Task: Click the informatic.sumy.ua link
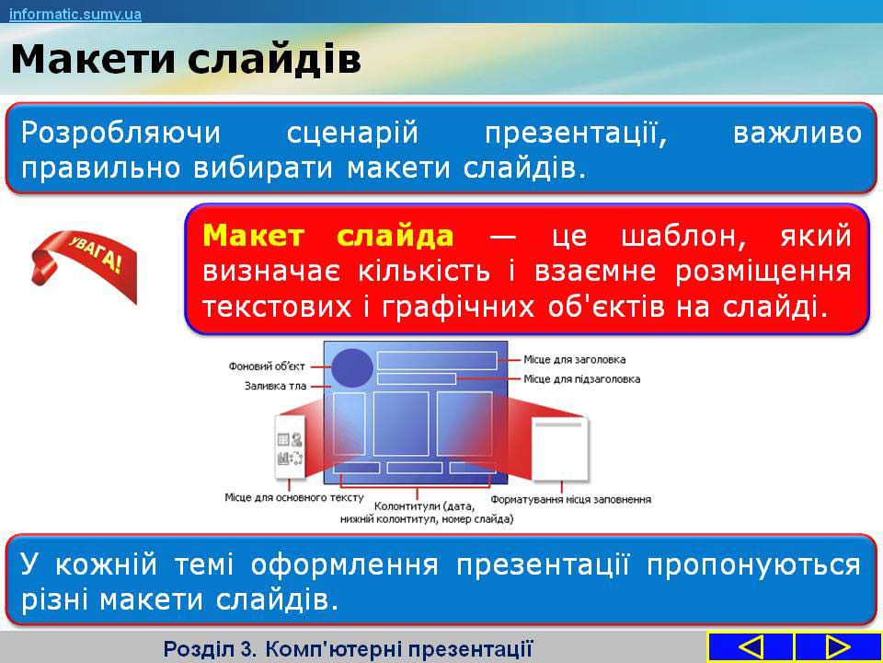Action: pyautogui.click(x=75, y=14)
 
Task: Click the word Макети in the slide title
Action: pyautogui.click(x=94, y=59)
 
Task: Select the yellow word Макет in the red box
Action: pyautogui.click(x=254, y=236)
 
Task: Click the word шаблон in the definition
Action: pyautogui.click(x=684, y=237)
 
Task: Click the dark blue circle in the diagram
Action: pyautogui.click(x=352, y=367)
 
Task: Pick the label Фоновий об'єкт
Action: pyautogui.click(x=267, y=366)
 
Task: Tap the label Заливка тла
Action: pyautogui.click(x=275, y=386)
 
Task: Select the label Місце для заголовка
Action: pyautogui.click(x=574, y=360)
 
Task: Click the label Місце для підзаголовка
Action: pyautogui.click(x=581, y=378)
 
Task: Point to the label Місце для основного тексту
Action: pyautogui.click(x=294, y=498)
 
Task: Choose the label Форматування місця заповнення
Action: pyautogui.click(x=571, y=499)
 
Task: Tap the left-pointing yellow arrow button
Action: pyautogui.click(x=751, y=646)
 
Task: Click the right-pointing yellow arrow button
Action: pyautogui.click(x=838, y=646)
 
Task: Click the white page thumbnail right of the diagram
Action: pyautogui.click(x=560, y=449)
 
